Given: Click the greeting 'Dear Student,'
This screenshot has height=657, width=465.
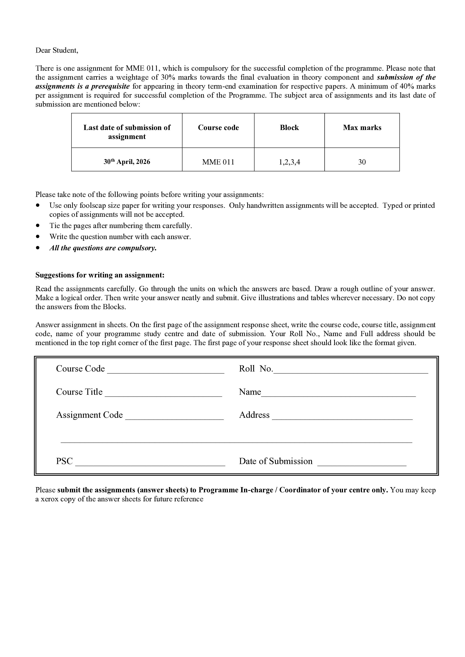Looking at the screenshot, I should (x=57, y=50).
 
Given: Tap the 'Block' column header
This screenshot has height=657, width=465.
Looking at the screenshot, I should (x=289, y=128).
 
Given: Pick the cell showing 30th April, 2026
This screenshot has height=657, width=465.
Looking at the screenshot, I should (x=127, y=162).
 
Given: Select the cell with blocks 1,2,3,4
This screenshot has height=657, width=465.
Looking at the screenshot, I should (x=289, y=162).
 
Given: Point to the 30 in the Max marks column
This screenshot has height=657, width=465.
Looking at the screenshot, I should (x=362, y=162).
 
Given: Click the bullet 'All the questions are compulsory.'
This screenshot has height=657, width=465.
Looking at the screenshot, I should (x=103, y=248).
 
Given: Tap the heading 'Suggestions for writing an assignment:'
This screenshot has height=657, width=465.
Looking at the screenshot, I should (x=100, y=275).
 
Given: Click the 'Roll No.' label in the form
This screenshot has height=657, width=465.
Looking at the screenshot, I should (x=256, y=369).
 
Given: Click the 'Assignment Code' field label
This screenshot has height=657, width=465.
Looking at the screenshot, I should (x=89, y=415).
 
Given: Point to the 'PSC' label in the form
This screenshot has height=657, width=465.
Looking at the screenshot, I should (x=64, y=461).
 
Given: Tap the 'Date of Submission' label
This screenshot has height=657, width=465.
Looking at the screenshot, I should (x=276, y=461).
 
